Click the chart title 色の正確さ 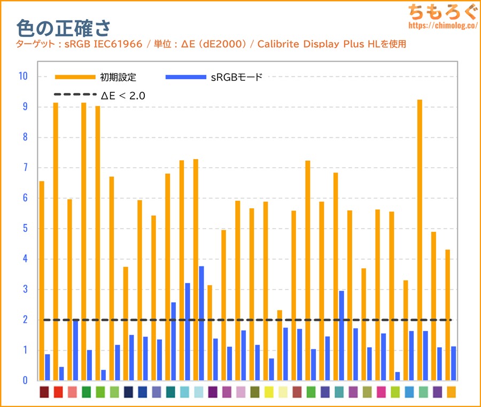click(64, 27)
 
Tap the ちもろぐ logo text click(440, 11)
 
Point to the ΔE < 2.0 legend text click(123, 96)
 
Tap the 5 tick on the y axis click(25, 229)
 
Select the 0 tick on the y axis click(25, 381)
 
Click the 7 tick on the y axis click(25, 168)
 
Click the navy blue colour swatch click(128, 393)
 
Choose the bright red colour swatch click(58, 393)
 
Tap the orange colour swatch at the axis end click(451, 393)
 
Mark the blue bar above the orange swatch click(454, 363)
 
